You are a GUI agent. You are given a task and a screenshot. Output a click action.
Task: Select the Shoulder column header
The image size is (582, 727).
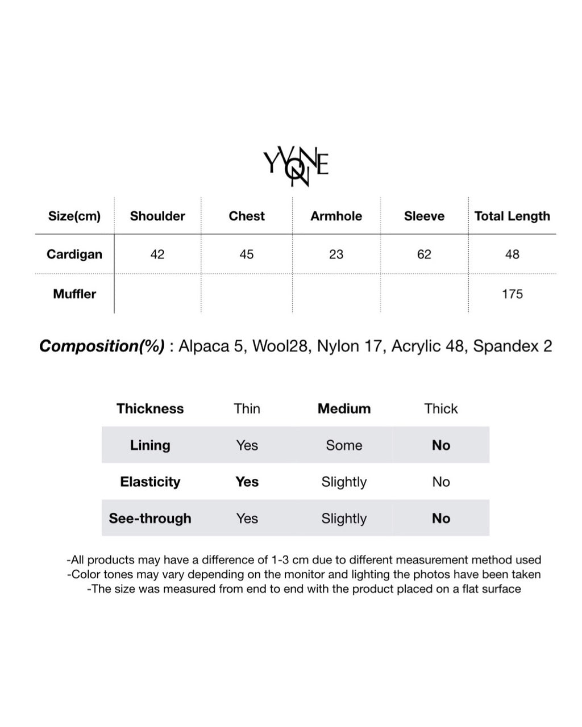(157, 216)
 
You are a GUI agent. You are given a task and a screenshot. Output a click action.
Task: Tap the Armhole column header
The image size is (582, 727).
(336, 216)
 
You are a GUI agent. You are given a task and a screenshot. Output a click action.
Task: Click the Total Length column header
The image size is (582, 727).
(512, 216)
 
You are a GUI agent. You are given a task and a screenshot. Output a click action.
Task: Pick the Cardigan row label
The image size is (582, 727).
(74, 254)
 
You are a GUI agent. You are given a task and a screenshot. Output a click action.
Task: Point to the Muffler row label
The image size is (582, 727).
(74, 294)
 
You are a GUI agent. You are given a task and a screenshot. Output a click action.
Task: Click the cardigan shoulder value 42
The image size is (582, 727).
(157, 254)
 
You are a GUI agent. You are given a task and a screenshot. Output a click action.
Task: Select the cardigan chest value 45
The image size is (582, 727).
(247, 254)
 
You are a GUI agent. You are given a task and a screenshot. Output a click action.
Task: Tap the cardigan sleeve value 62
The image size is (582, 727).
(424, 254)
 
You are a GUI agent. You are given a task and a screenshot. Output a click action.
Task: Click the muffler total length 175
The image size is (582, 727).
(512, 294)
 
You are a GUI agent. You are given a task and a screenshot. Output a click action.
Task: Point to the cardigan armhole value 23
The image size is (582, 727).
(336, 254)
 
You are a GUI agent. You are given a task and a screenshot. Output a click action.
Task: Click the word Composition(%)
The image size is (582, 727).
(102, 346)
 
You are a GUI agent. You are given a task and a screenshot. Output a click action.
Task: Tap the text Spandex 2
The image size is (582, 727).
(512, 346)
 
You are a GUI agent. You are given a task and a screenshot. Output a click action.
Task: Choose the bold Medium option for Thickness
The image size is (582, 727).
(344, 409)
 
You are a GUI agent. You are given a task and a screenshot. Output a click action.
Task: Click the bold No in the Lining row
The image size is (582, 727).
(441, 445)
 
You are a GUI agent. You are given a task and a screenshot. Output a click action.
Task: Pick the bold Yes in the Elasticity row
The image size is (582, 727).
(247, 482)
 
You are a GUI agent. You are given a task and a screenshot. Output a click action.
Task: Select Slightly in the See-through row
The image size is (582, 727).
(344, 519)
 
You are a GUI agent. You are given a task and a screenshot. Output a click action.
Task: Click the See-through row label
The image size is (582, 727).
(150, 519)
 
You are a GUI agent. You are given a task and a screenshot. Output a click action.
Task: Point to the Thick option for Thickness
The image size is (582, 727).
(441, 409)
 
